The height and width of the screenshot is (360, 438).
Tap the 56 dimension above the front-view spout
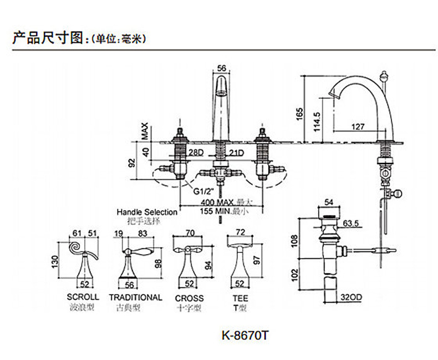pos(221,68)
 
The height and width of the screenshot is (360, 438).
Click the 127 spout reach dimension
pos(358,126)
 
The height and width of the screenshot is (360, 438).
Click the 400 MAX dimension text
pos(210,202)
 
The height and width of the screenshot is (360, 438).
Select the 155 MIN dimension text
pos(210,211)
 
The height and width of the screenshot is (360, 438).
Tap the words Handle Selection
pos(147,212)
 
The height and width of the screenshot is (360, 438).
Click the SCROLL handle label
pos(83,297)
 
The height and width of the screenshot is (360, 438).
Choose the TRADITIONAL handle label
pos(135,297)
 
